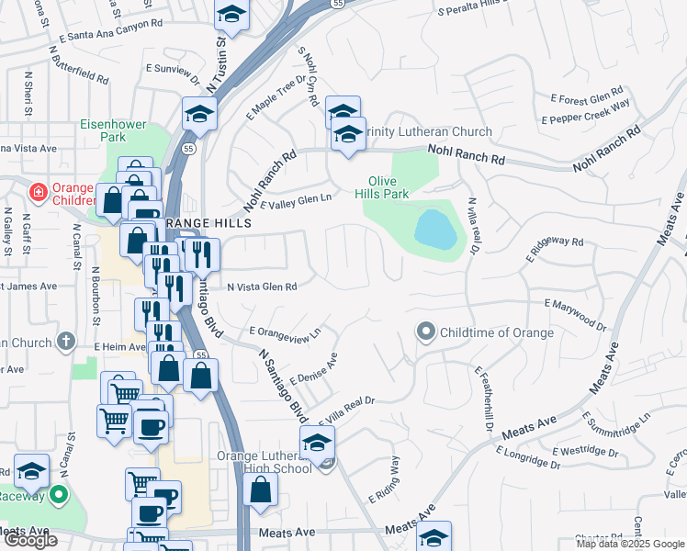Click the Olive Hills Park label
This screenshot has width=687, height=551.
click(x=389, y=187)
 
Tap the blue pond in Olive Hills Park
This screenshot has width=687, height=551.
click(x=435, y=230)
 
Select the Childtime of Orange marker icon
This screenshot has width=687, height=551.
click(x=425, y=332)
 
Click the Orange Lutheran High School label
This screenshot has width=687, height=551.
click(x=265, y=462)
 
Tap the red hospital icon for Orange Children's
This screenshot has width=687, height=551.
click(x=39, y=192)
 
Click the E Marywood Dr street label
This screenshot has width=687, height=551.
click(x=576, y=312)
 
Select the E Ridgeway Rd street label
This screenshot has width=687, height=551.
click(x=555, y=247)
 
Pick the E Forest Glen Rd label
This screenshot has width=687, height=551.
click(x=587, y=97)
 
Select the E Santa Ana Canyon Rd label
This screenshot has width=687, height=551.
click(x=109, y=35)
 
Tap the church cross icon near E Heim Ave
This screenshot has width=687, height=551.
click(x=65, y=342)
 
